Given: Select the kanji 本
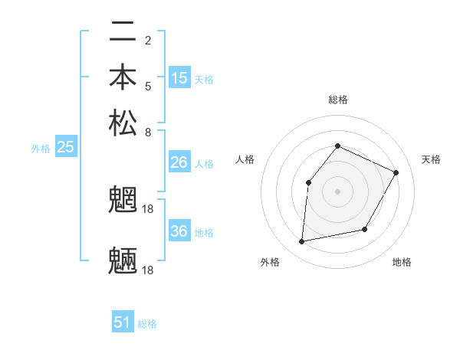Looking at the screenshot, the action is pos(123,78).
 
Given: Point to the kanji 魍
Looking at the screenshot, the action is pos(123,201).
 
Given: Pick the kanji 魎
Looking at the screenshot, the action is pos(123,260).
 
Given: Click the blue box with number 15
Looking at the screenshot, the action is pos(179,78).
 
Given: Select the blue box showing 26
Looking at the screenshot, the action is pos(179,162).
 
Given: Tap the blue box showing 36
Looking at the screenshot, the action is pos(179,231).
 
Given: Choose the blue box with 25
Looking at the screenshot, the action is pos(65,148).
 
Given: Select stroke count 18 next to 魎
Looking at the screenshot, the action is pos(149,270).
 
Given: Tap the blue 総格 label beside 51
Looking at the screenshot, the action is pos(147,324).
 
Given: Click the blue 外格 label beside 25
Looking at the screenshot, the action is pos(41,149).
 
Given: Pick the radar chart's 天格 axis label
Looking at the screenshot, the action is pos(431,159).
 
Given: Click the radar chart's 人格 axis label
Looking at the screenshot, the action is pos(245,159).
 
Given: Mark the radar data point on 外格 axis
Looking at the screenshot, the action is pos(302,242).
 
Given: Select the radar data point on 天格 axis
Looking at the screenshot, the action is pos(396,172).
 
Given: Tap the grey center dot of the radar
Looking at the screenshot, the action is pos(337,191).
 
